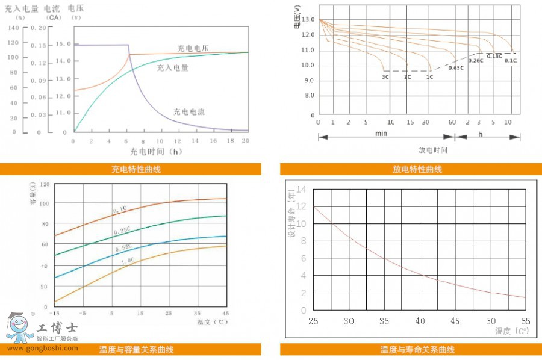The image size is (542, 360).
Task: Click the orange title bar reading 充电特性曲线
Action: (x=131, y=169)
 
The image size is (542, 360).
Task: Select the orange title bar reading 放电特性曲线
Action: (x=411, y=169)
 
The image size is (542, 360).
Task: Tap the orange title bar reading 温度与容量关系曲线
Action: (x=131, y=349)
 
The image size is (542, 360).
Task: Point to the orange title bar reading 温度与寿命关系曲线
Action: (x=411, y=349)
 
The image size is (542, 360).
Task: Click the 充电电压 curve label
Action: (x=193, y=48)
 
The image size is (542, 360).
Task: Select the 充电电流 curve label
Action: (x=189, y=111)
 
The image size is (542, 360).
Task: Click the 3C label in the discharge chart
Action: (x=385, y=77)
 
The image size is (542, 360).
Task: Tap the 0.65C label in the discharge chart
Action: (x=456, y=68)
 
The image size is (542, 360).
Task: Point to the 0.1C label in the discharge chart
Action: (x=510, y=61)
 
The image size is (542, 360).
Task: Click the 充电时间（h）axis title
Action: (x=155, y=152)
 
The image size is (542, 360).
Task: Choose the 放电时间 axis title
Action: (x=433, y=150)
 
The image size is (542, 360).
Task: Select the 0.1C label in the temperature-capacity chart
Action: (x=119, y=209)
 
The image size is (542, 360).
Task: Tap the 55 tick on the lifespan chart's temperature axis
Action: (x=525, y=321)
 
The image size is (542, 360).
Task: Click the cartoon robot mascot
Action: (x=20, y=327)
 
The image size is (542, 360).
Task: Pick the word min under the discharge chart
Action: (x=381, y=134)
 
